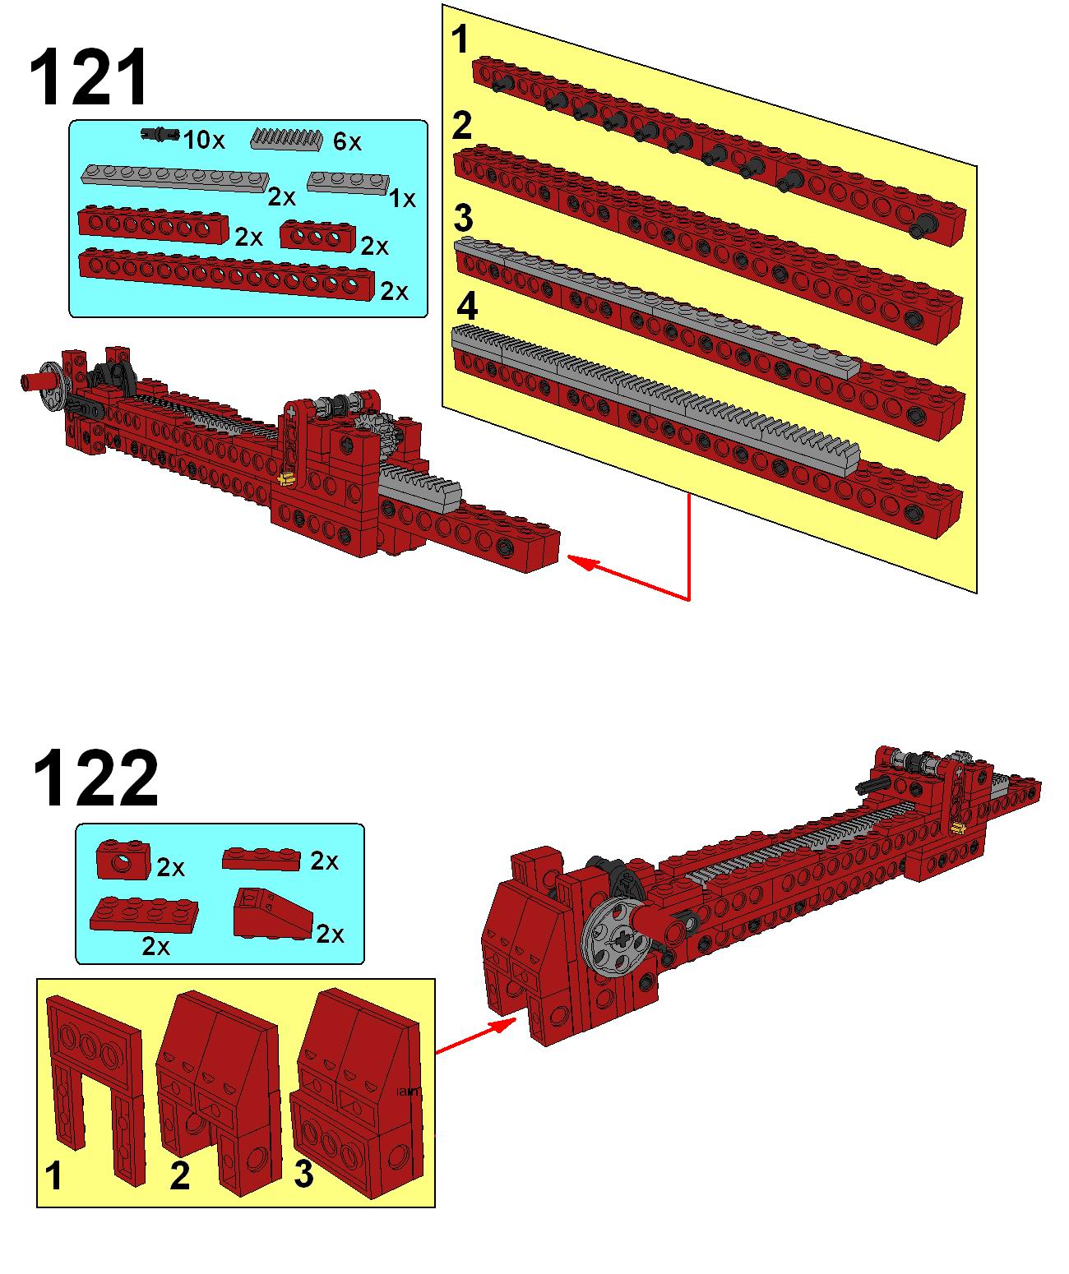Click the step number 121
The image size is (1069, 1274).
click(x=89, y=77)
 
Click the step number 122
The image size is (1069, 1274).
click(x=96, y=779)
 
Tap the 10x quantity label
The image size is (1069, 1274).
click(x=204, y=141)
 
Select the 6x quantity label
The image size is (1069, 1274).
click(x=347, y=142)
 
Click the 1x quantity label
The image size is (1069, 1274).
click(x=402, y=198)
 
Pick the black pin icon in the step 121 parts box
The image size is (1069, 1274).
click(x=160, y=134)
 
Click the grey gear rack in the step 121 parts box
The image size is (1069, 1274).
click(x=287, y=139)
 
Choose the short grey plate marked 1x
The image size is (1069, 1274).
click(x=349, y=183)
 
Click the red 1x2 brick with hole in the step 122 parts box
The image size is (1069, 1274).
click(x=123, y=860)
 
